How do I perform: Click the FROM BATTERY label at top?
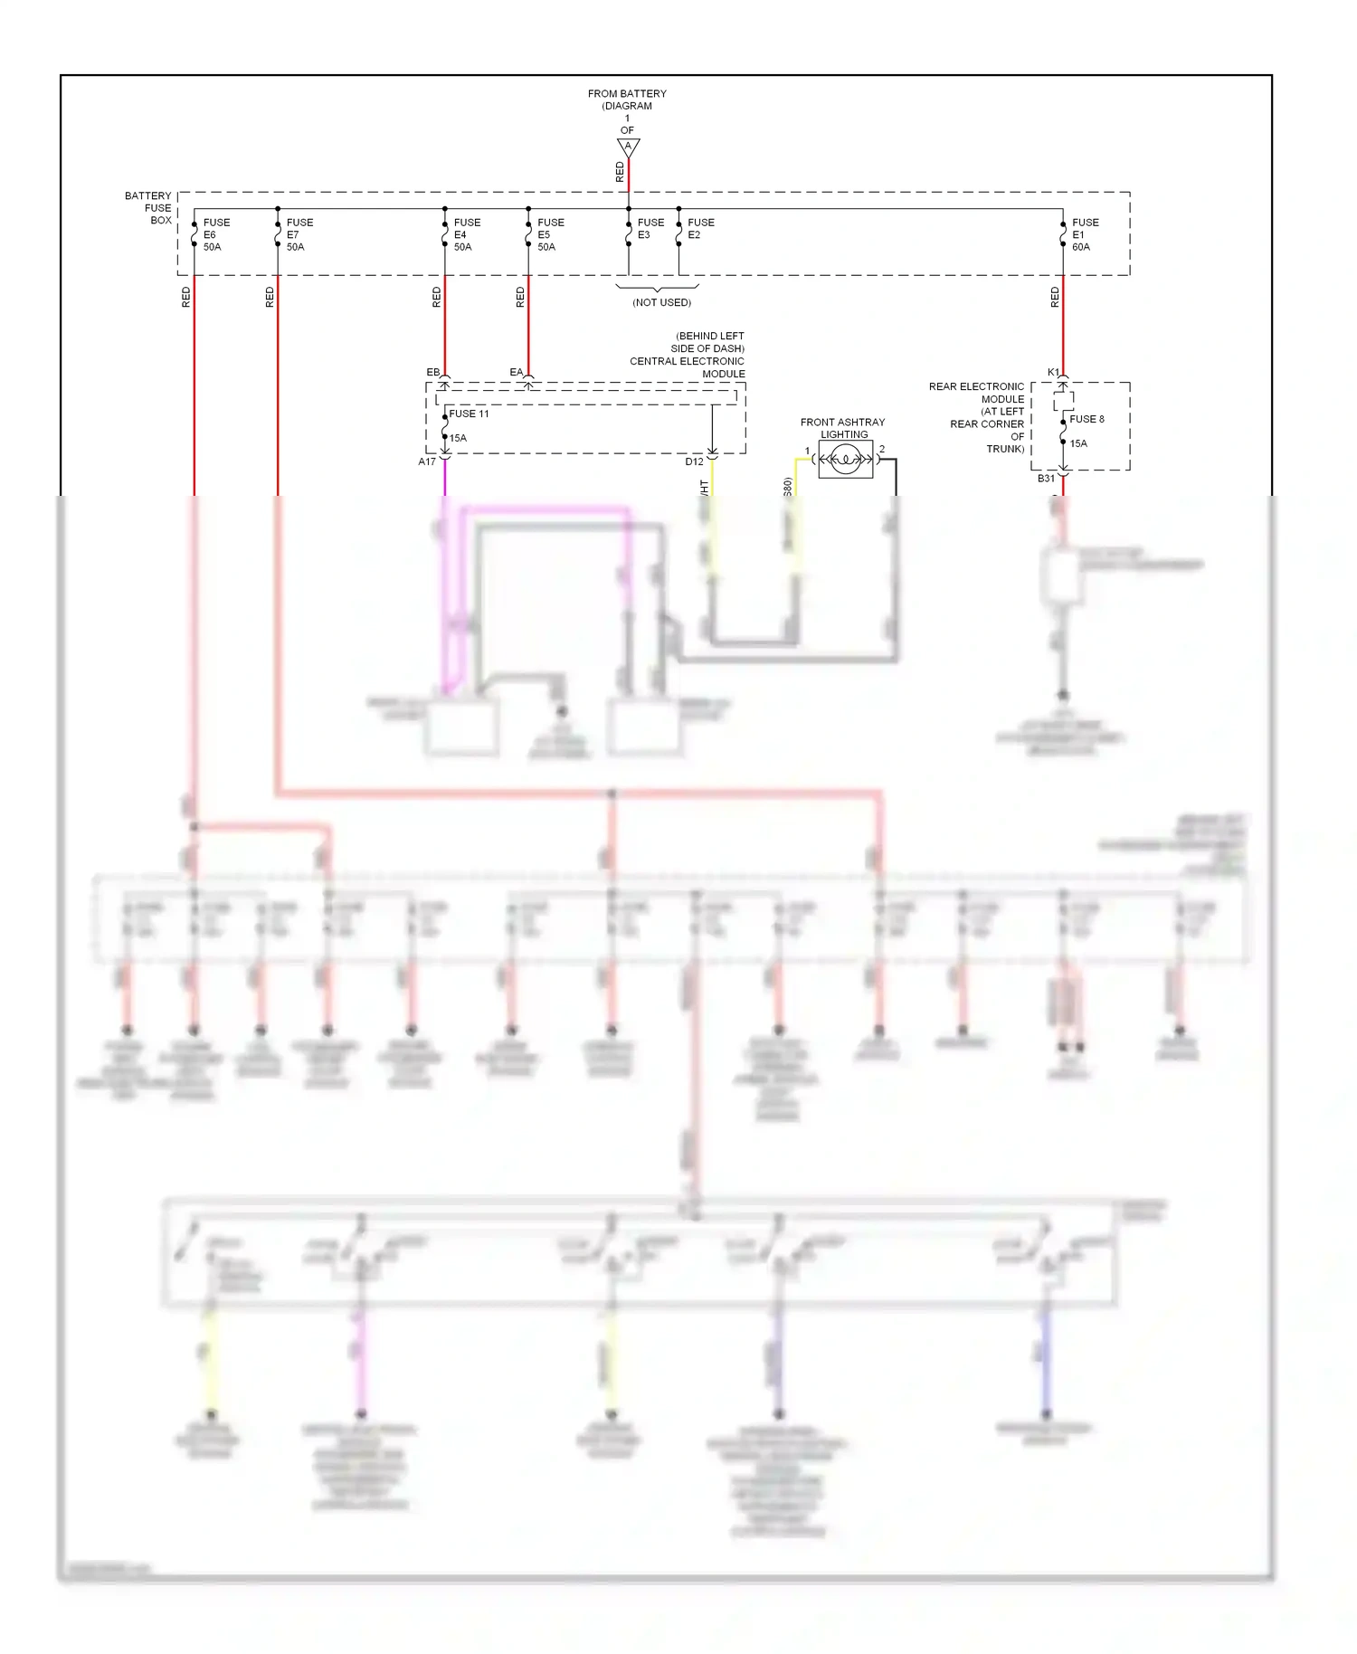click(627, 94)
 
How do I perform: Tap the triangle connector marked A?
click(628, 147)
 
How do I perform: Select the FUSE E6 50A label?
click(215, 234)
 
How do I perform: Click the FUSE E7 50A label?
click(299, 234)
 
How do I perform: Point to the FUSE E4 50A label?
click(466, 234)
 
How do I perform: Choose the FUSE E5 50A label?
click(549, 234)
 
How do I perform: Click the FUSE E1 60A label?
click(1084, 234)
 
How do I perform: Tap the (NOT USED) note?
click(661, 302)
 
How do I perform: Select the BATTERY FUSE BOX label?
click(149, 208)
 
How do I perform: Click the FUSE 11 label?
click(469, 414)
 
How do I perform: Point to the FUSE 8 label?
click(1086, 420)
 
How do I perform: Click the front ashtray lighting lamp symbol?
click(845, 460)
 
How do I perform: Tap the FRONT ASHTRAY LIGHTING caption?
click(842, 428)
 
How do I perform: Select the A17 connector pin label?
click(427, 462)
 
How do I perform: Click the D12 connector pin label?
click(694, 462)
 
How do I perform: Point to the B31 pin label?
click(1046, 479)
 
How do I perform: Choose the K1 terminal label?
click(1053, 373)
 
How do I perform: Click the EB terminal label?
click(432, 373)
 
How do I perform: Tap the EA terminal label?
click(516, 373)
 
